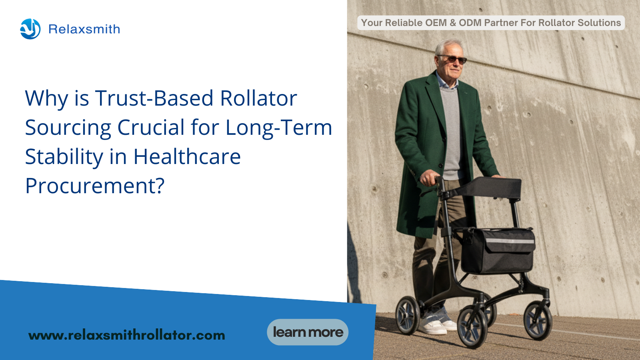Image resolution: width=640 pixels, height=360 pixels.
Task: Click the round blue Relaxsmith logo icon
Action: (30, 29)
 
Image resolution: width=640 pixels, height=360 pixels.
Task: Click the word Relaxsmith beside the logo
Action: (84, 29)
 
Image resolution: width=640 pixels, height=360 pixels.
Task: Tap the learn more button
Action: (308, 332)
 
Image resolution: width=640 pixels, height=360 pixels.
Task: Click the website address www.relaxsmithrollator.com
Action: (126, 335)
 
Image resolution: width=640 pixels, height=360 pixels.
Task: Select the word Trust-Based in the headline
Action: (154, 98)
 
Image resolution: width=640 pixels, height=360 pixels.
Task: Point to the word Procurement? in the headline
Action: (95, 186)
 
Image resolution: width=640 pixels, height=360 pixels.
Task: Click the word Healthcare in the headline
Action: (187, 156)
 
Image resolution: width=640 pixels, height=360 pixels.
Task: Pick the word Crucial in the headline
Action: (151, 127)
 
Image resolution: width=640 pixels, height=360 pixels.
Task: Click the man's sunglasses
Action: (453, 59)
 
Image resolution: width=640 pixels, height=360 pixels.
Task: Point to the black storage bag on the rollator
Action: (498, 250)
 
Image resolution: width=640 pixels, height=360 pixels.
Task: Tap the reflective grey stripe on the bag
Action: (510, 241)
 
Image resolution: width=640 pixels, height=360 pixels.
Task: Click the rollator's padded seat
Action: (490, 187)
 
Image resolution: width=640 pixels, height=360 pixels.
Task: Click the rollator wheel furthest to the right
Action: (538, 320)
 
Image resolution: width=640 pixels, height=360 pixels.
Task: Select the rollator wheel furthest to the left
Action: (408, 315)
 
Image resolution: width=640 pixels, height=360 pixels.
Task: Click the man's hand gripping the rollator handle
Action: (430, 178)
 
